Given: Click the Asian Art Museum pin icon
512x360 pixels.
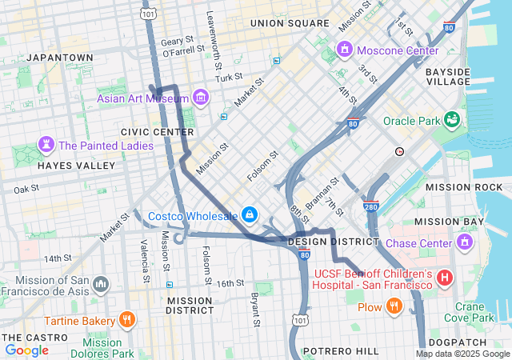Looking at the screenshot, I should click(200, 98).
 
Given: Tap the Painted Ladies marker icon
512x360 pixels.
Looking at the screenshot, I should click(46, 146).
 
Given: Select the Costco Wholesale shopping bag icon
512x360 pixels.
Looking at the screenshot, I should click(250, 215).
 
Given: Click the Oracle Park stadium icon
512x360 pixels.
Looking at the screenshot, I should click(453, 120).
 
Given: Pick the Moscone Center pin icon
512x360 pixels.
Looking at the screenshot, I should click(346, 50).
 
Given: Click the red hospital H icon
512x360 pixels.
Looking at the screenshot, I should click(445, 278).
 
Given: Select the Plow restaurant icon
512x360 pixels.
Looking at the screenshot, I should click(394, 306).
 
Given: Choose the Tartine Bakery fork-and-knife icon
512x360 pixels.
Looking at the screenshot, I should click(126, 320).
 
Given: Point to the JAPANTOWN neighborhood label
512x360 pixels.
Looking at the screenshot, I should click(60, 58).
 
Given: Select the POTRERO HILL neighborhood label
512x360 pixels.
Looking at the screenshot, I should click(345, 351).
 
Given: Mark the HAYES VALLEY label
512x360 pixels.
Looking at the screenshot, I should click(77, 166).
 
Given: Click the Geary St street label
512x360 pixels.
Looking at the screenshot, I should click(178, 40).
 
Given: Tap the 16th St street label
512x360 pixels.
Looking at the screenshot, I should click(230, 283).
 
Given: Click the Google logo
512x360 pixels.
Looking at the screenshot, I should click(26, 350).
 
